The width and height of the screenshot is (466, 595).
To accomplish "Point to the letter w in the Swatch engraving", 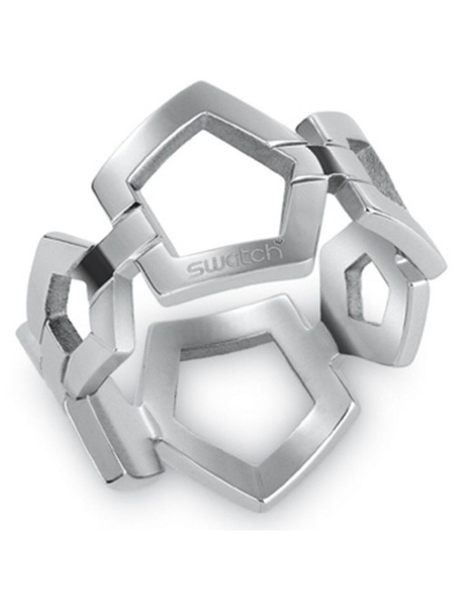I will click(213, 268).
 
